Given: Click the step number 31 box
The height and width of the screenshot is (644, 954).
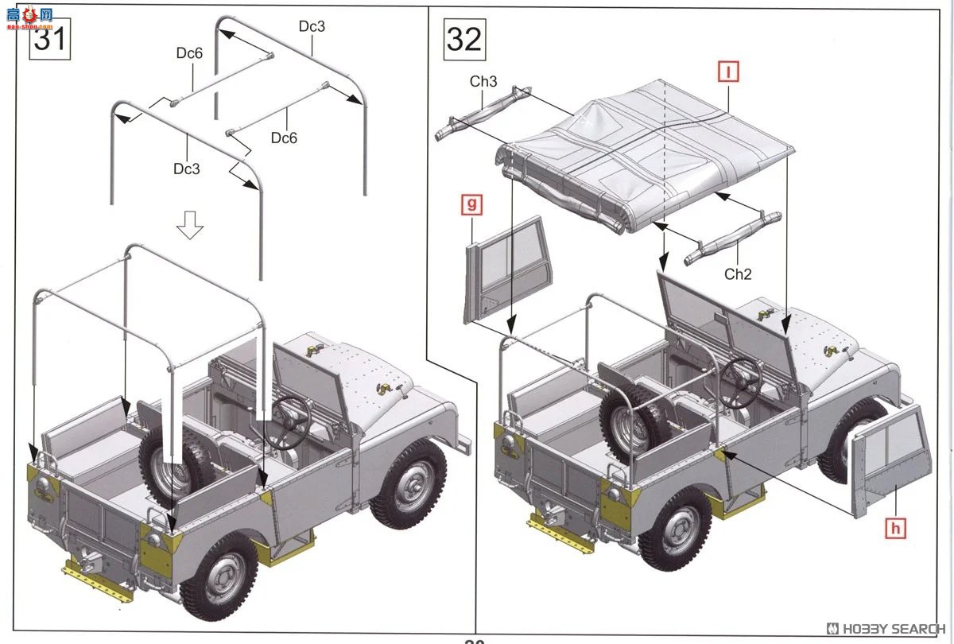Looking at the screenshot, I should [49, 38].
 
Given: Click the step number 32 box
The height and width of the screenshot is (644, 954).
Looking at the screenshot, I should [463, 38].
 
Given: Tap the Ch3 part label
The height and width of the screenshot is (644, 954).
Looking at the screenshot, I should [483, 82].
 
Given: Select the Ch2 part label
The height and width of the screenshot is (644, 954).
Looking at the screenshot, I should [737, 274].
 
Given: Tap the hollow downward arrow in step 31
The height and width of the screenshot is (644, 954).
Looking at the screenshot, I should [189, 225].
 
